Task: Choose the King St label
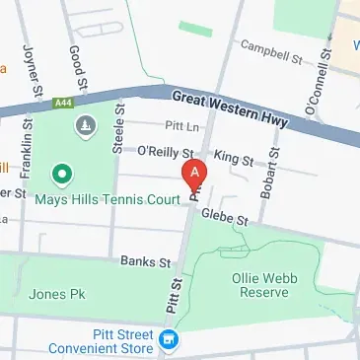234,157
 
